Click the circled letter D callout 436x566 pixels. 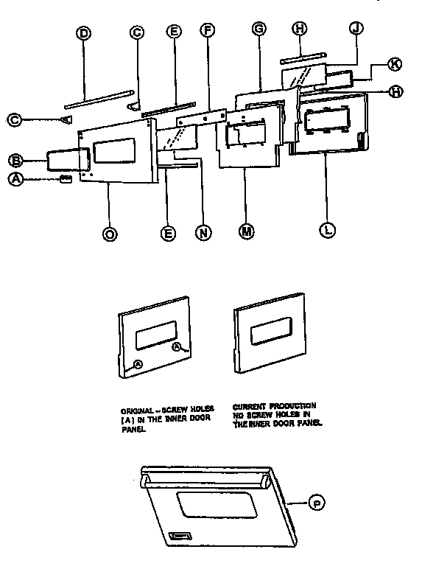[x=83, y=33]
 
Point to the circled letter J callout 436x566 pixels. [x=356, y=29]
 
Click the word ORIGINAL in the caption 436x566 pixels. [x=138, y=408]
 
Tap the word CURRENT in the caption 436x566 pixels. [x=248, y=406]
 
